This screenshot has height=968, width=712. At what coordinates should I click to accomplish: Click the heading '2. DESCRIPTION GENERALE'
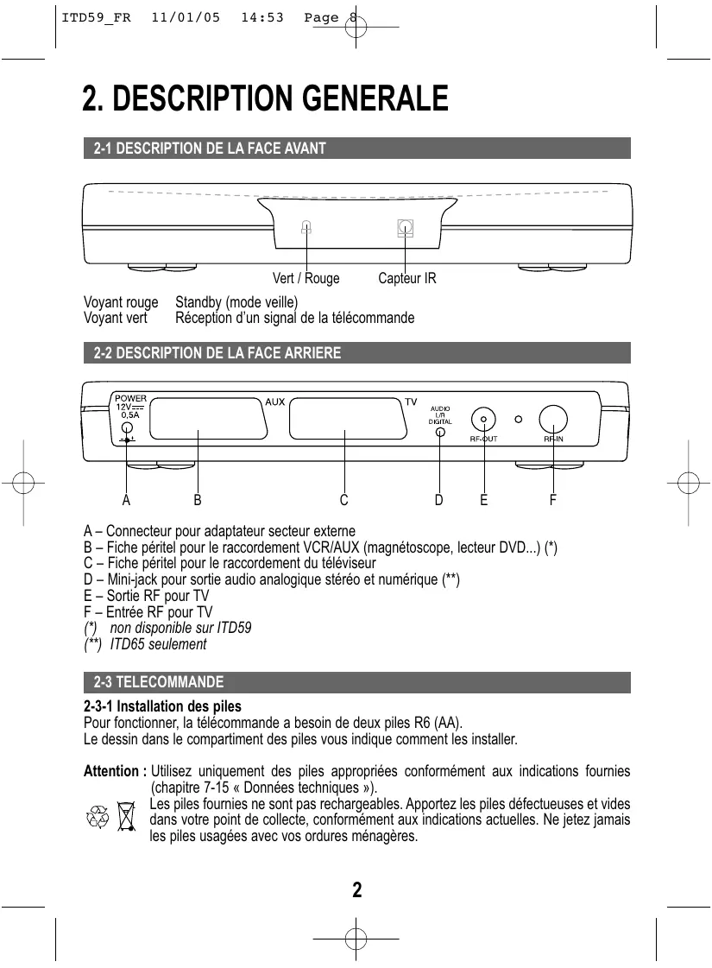point(265,98)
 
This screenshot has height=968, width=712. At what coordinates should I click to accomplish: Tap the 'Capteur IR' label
point(407,279)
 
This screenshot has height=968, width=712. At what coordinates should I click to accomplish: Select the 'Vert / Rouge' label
point(306,279)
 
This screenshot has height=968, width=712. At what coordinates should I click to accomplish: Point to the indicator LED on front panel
point(306,228)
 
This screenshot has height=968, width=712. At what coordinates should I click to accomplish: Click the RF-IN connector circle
point(552,419)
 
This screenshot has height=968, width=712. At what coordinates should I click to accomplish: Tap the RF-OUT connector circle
point(483,419)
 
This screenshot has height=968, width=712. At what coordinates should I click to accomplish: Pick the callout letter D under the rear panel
point(438,499)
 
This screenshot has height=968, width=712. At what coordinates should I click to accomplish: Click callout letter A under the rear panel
point(126,499)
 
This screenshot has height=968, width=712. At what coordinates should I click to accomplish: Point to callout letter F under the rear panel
point(552,499)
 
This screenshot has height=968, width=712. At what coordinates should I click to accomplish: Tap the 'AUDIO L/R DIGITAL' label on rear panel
point(440,414)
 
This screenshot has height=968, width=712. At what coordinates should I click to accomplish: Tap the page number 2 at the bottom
point(356,890)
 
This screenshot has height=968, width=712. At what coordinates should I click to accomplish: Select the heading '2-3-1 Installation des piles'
point(162,706)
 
